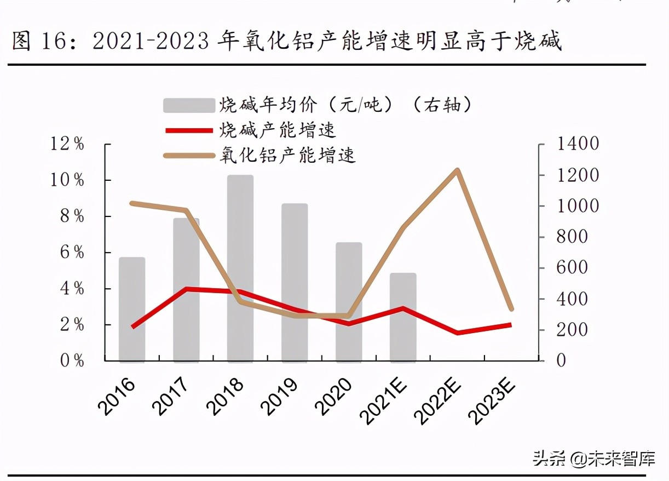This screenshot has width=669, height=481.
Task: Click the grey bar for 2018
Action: click(x=240, y=268)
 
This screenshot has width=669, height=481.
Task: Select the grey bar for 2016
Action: click(x=132, y=310)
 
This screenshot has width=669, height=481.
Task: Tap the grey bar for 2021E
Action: click(x=403, y=318)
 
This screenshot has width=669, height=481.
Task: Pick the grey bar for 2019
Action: click(x=295, y=283)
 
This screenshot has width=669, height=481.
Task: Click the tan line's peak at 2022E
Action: click(x=458, y=170)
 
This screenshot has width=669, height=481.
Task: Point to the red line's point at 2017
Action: click(x=187, y=289)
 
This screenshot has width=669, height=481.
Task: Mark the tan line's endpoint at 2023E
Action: click(x=511, y=309)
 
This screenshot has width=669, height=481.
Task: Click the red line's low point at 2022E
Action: click(x=458, y=333)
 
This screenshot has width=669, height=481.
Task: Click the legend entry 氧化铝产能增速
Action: click(x=287, y=155)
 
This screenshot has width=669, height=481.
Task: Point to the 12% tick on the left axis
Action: click(x=67, y=144)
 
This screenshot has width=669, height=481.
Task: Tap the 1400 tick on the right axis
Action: click(x=578, y=144)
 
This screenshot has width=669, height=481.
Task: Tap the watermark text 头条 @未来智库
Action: click(x=593, y=458)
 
